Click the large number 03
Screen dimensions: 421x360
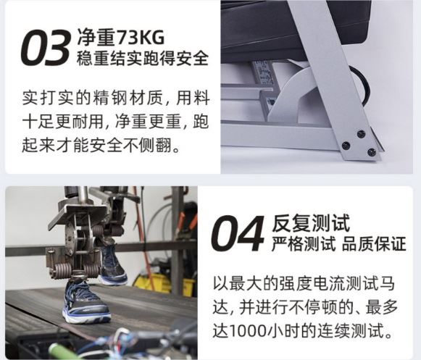tap(45, 48)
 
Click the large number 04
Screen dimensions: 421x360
tap(237, 233)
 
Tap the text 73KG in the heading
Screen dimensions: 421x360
tap(141, 38)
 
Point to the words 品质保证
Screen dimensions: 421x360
tap(374, 244)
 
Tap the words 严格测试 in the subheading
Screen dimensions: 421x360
tap(304, 244)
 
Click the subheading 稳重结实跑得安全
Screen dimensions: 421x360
tap(143, 58)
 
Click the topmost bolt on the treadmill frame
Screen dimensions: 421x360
tap(361, 134)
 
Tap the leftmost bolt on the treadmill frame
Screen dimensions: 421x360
tap(346, 146)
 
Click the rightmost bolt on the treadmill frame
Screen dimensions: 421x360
tap(372, 152)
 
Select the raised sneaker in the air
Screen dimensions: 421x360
tap(113, 265)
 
